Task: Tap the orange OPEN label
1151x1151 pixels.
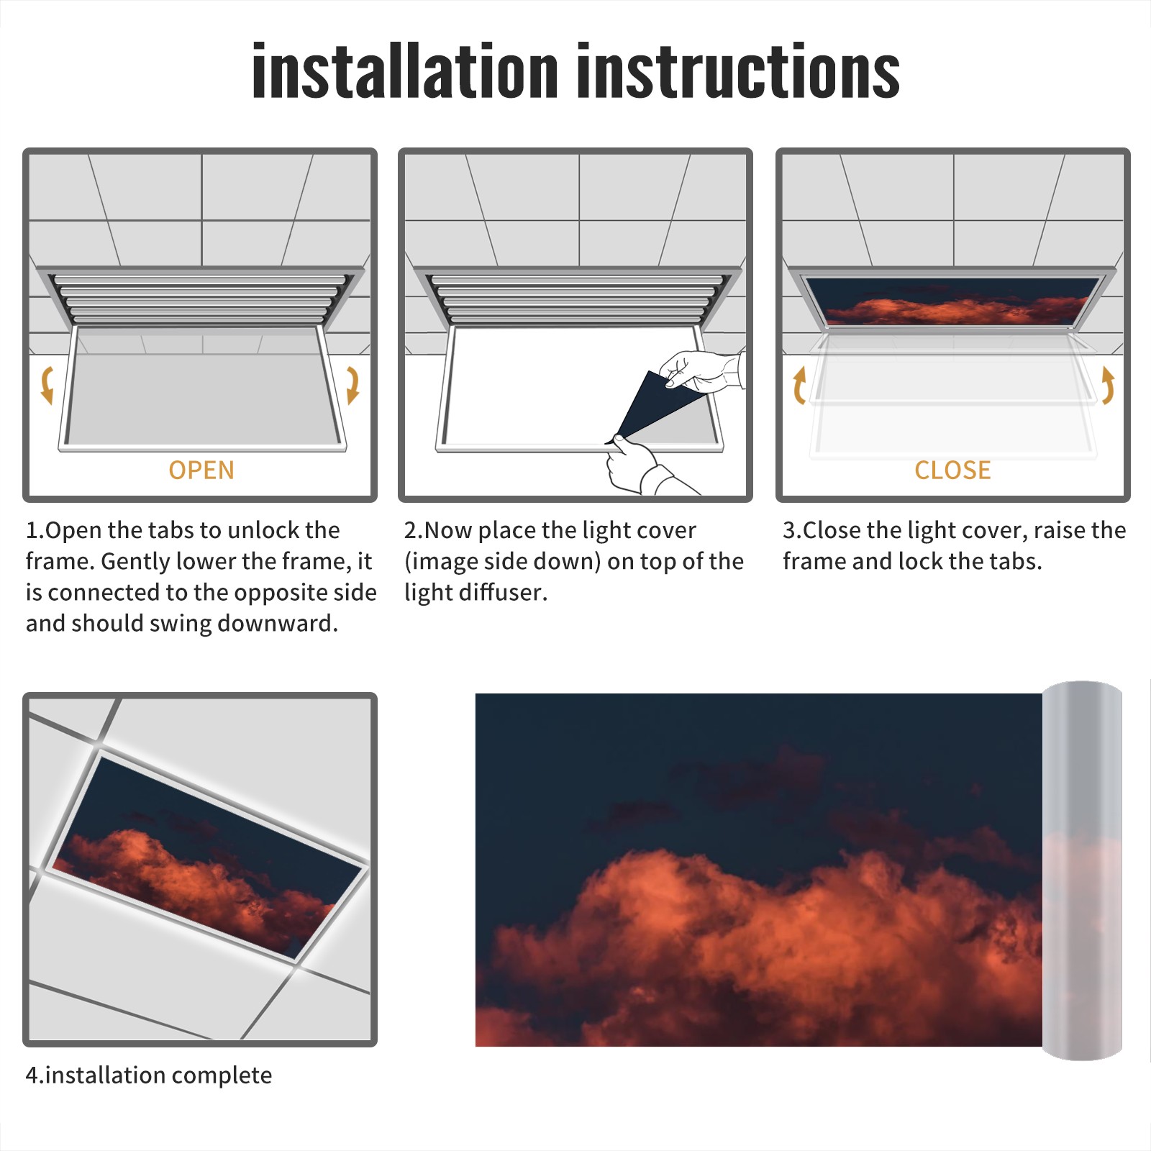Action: coord(201,470)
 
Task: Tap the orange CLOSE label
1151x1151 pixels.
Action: coord(952,470)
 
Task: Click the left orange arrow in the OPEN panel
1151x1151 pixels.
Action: coord(47,385)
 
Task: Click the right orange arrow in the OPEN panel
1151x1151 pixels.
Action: coord(352,385)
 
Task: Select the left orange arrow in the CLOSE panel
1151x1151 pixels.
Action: coord(799,385)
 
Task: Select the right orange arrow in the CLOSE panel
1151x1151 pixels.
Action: coord(1108,385)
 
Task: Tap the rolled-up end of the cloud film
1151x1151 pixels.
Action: coord(1082,870)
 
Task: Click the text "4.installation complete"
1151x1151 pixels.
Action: coord(149,1075)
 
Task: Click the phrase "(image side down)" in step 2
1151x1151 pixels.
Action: coord(502,561)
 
